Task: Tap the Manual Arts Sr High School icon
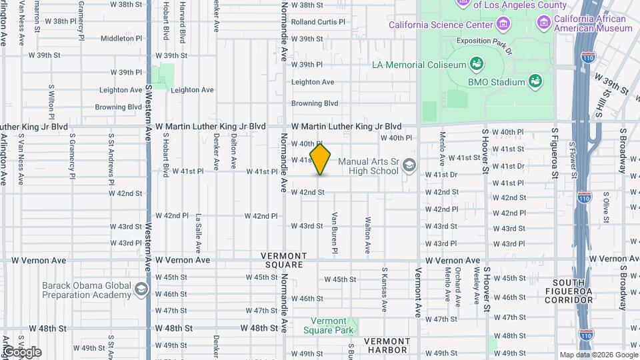point(408,165)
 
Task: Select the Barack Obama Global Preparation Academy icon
point(141,289)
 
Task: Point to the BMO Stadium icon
point(535,81)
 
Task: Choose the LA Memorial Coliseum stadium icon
point(477,65)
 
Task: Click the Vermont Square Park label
point(328,325)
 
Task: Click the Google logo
point(21,351)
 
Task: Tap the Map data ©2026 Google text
point(597,355)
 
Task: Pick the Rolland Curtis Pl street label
point(318,22)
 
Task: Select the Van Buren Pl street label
point(335,233)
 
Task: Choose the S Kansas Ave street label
point(385,290)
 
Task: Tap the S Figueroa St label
point(553,153)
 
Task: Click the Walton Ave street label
point(367,235)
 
